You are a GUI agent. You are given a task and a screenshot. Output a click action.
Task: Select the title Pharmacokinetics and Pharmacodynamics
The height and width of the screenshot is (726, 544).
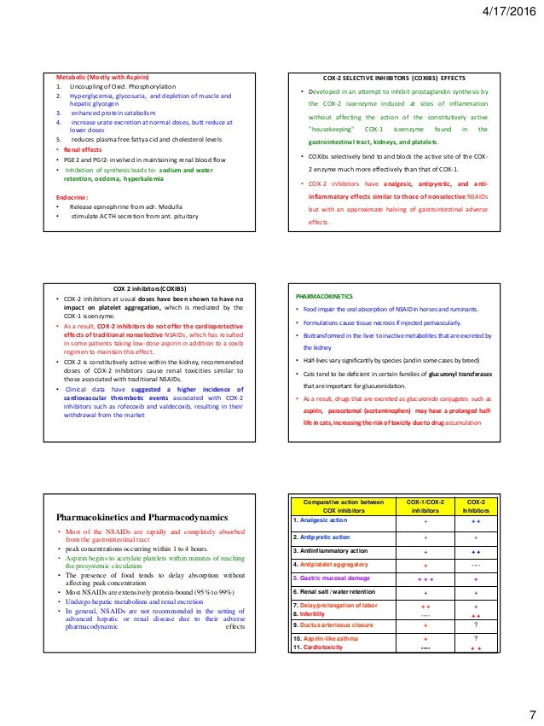point(142,517)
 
